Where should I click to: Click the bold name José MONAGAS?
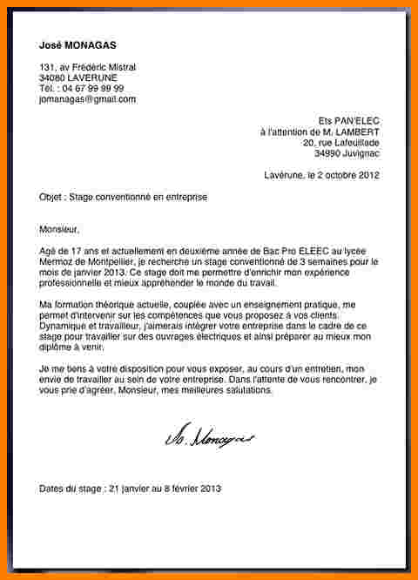tap(78, 44)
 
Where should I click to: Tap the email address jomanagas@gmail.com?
tap(88, 99)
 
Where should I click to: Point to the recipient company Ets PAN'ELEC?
tap(351, 120)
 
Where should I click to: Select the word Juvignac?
tap(361, 152)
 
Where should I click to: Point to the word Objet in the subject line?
tap(51, 198)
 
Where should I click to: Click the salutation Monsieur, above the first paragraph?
tap(59, 230)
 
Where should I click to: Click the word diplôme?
tap(59, 345)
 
